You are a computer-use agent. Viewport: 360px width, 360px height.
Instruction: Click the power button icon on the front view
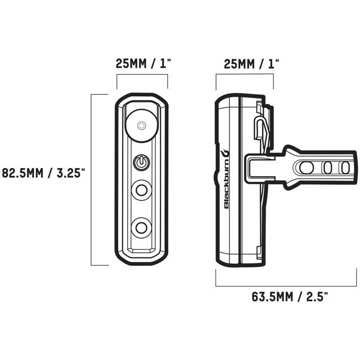(x=141, y=163)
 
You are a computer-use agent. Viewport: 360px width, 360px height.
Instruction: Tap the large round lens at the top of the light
(x=141, y=124)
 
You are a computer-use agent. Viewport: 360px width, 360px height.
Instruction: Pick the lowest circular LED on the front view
(x=141, y=226)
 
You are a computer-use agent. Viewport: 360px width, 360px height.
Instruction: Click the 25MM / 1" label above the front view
(x=142, y=64)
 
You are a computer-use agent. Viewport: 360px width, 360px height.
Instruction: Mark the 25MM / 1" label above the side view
(x=244, y=64)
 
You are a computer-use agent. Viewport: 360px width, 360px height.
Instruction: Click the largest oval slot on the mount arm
(x=307, y=167)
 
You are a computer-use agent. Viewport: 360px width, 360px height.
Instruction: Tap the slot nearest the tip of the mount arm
(x=345, y=167)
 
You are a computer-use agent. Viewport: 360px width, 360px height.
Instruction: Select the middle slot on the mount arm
(x=329, y=167)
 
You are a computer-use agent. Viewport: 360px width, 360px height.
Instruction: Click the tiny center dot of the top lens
(x=141, y=124)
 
